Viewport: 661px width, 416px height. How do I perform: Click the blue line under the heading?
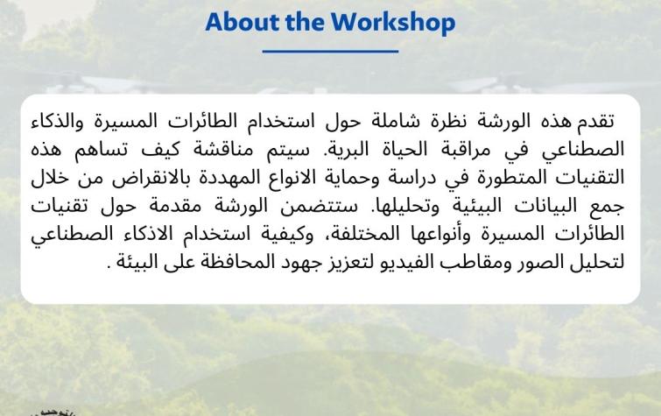[331, 52]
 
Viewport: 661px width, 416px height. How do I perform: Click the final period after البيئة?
[109, 268]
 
